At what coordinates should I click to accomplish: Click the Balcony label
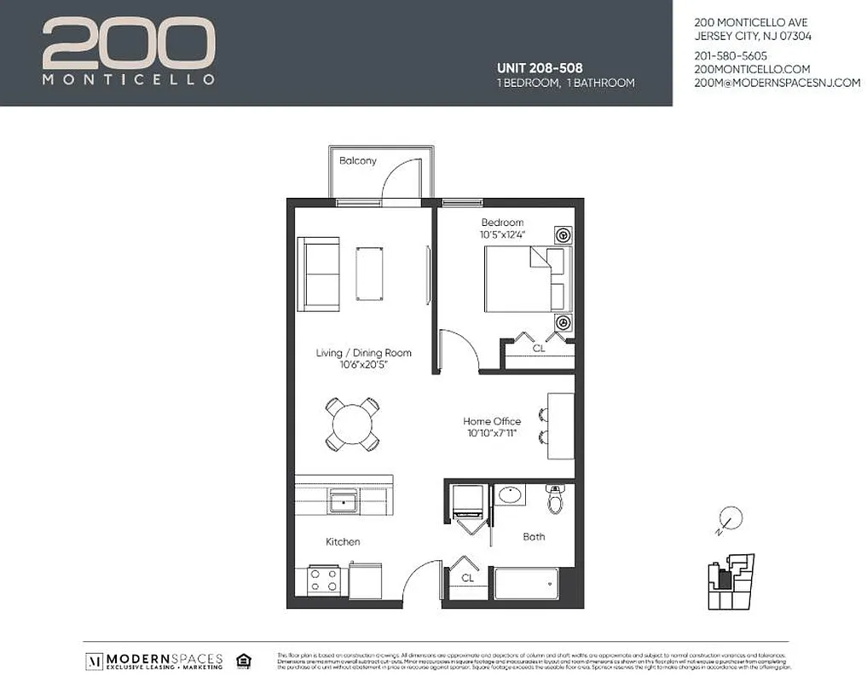click(x=357, y=160)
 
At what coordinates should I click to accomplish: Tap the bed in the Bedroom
click(x=523, y=279)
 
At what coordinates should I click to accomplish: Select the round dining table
click(x=351, y=424)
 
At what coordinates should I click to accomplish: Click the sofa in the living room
click(x=318, y=274)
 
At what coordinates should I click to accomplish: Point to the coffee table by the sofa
click(x=369, y=273)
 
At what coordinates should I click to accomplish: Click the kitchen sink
click(x=344, y=500)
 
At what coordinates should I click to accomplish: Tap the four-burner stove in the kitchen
click(x=324, y=581)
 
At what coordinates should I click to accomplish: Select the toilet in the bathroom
click(x=556, y=500)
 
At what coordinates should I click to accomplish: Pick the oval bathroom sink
click(x=512, y=495)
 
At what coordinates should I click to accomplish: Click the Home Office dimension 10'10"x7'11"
click(x=492, y=434)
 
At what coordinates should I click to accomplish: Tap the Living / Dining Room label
click(x=363, y=353)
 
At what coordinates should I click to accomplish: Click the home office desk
click(x=560, y=425)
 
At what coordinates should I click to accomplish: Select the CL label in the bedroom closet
click(x=538, y=349)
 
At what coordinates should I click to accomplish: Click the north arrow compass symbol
click(x=729, y=518)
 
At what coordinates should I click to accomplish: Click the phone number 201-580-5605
click(x=731, y=55)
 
